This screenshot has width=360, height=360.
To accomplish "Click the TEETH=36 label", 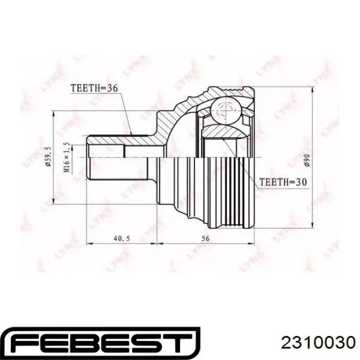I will [94, 89].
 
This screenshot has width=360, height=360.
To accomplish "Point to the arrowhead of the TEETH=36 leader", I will [133, 134].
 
